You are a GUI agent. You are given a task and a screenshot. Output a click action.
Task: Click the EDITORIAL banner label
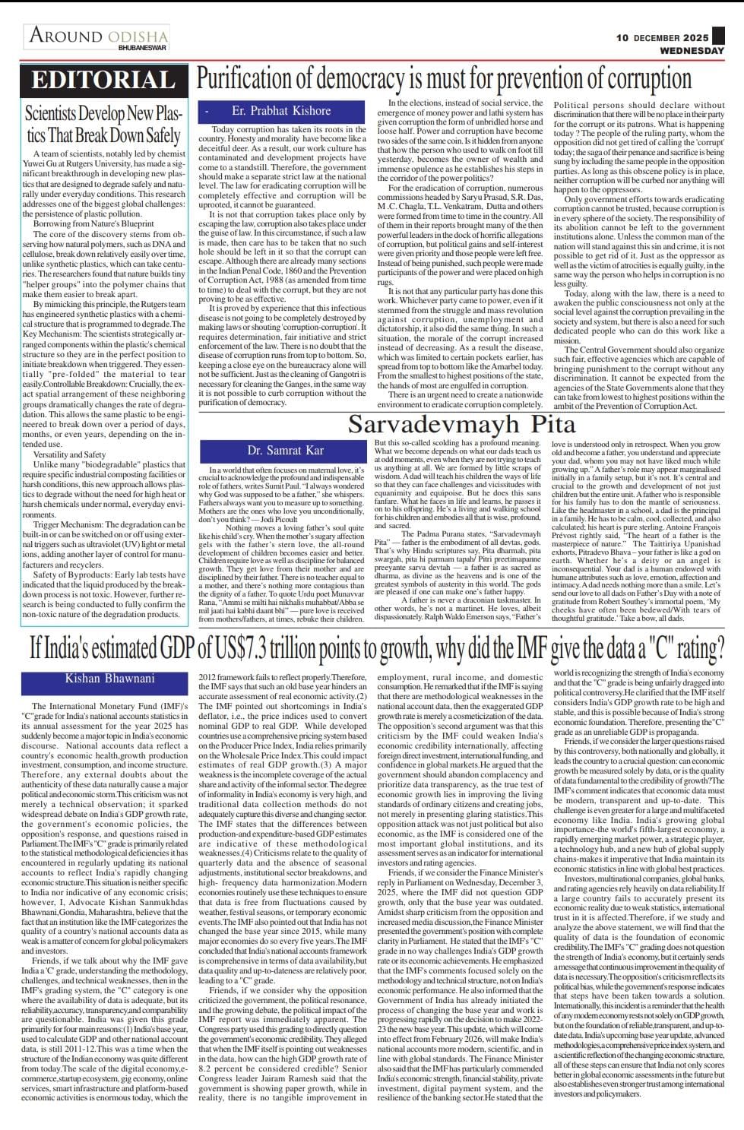[103, 80]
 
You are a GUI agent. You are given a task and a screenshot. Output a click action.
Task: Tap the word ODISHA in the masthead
[138, 36]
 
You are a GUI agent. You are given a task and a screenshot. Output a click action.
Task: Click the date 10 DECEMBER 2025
[662, 37]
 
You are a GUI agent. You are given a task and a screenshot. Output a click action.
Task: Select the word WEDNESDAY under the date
[692, 50]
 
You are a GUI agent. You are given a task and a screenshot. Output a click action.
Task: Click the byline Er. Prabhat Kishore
[281, 111]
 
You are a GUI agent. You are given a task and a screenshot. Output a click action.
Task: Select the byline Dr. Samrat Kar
[285, 451]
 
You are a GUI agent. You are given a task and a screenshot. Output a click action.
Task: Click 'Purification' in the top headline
[242, 79]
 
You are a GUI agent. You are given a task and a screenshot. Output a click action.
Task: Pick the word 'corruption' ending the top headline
[668, 79]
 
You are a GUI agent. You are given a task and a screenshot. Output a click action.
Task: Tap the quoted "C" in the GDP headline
[638, 648]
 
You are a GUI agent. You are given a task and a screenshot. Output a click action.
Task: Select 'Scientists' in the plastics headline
[62, 114]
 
